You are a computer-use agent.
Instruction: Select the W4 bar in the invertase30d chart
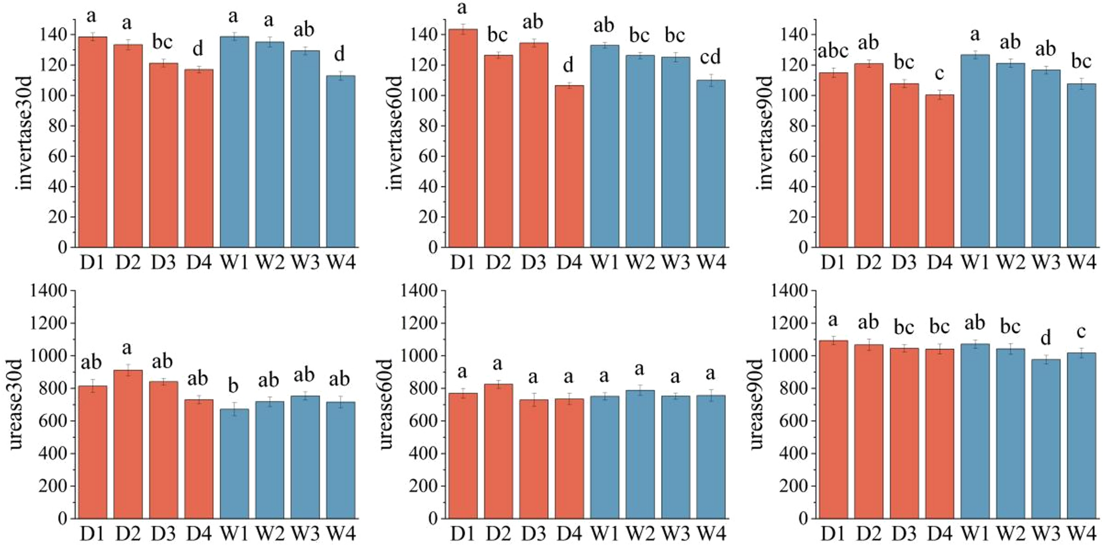pyautogui.click(x=341, y=161)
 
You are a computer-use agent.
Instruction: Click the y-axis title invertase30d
pyautogui.click(x=24, y=133)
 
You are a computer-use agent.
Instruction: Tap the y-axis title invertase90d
pyautogui.click(x=764, y=133)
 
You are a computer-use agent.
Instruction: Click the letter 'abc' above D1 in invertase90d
pyautogui.click(x=833, y=52)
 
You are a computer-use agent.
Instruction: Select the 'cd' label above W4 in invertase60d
pyautogui.click(x=711, y=56)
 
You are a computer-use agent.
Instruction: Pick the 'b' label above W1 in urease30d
pyautogui.click(x=233, y=385)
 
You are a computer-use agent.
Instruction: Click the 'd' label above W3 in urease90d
pyautogui.click(x=1046, y=338)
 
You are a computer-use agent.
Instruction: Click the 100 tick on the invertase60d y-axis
pyautogui.click(x=425, y=96)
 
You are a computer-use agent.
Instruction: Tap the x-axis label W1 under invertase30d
pyautogui.click(x=234, y=263)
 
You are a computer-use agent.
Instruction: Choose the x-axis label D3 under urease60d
pyautogui.click(x=533, y=534)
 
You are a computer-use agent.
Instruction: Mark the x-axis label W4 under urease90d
pyautogui.click(x=1081, y=534)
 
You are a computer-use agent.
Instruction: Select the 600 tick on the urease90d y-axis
pyautogui.click(x=795, y=421)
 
